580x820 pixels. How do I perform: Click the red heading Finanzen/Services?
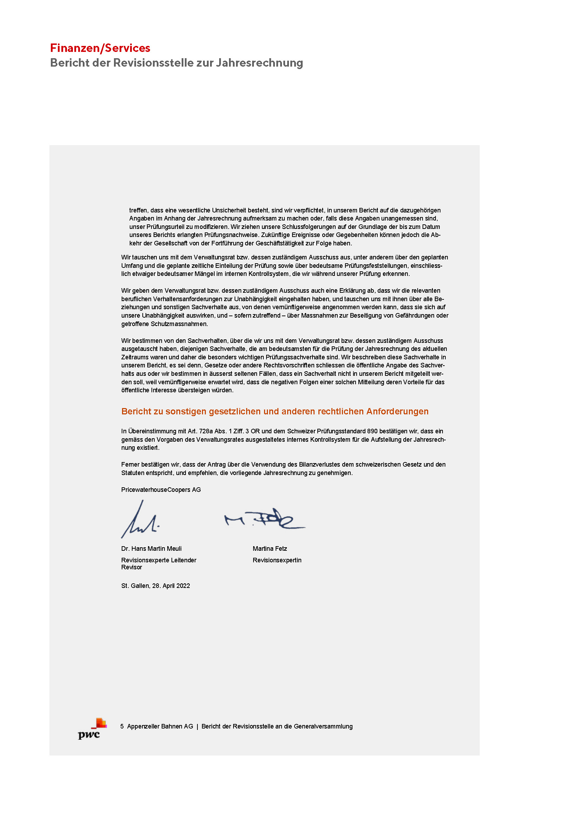100,48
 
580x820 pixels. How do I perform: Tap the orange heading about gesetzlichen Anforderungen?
275,412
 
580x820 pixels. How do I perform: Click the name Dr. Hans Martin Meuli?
151,549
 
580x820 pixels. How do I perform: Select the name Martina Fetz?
270,549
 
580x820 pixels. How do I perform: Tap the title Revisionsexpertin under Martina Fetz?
277,560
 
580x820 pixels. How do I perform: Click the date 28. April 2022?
171,586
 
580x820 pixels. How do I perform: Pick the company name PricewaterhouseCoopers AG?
161,490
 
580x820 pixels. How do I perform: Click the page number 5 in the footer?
122,726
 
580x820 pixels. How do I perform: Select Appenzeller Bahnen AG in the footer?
160,726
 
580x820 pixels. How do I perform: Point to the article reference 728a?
206,432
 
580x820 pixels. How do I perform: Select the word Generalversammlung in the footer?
323,726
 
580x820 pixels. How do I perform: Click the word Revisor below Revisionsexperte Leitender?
131,567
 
